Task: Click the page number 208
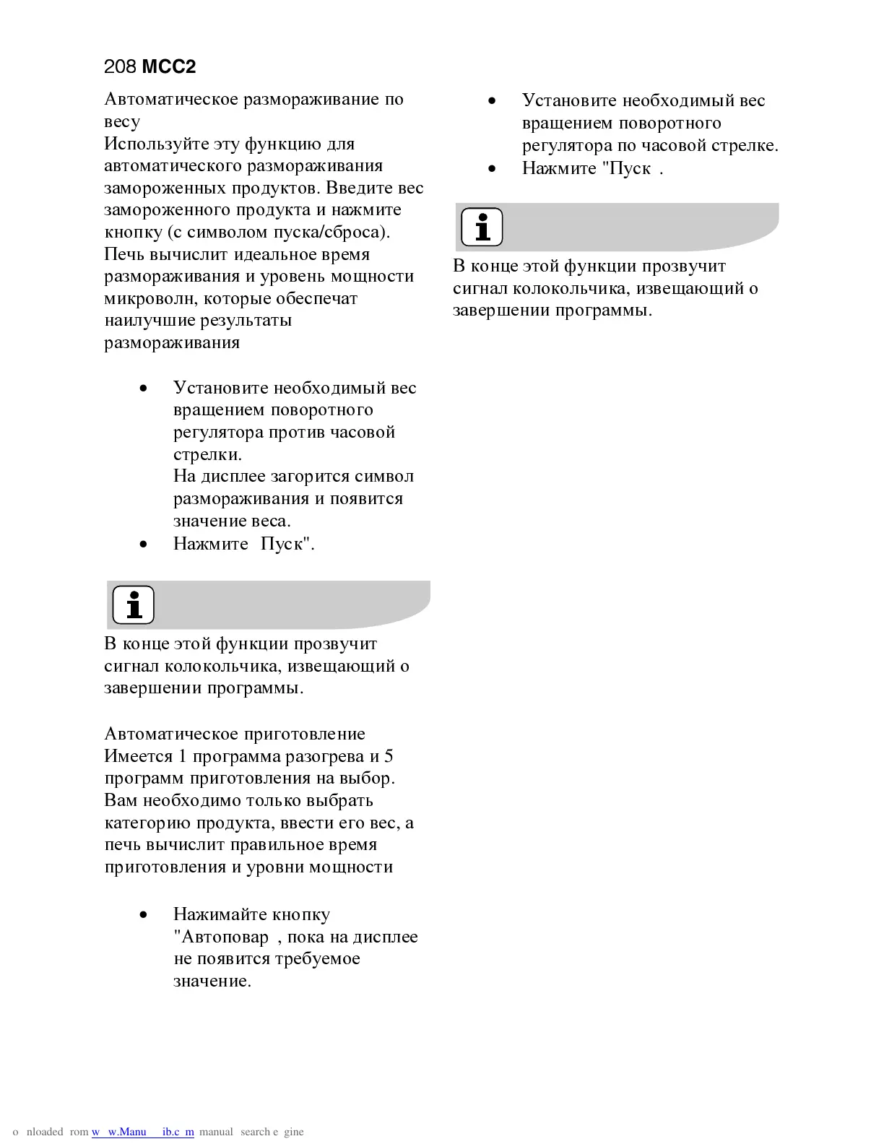point(120,67)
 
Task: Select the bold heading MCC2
point(169,67)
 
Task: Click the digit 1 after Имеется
point(183,756)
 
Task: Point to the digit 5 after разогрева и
point(389,756)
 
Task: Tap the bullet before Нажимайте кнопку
point(144,914)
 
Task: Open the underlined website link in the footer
point(143,1132)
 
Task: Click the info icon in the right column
point(482,227)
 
